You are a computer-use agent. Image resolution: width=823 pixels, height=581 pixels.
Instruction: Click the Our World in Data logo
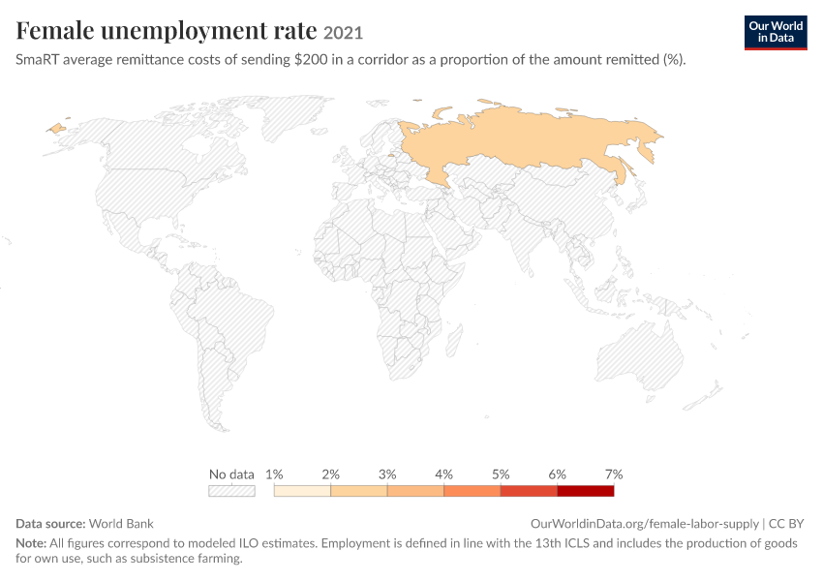(x=776, y=33)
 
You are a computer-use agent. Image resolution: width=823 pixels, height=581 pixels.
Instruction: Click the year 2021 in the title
(x=343, y=33)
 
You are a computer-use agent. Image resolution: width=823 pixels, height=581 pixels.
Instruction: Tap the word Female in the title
(x=54, y=30)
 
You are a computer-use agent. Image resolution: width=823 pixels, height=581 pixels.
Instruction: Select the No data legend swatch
(x=231, y=491)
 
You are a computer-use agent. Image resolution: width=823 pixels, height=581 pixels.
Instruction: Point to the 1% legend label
(x=274, y=474)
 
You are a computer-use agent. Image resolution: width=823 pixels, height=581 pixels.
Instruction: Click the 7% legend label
(x=614, y=474)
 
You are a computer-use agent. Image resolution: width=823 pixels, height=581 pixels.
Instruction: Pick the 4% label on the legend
(x=443, y=474)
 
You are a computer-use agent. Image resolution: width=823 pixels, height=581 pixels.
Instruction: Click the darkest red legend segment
(x=585, y=491)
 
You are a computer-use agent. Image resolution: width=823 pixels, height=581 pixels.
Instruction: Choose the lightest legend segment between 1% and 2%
(x=302, y=491)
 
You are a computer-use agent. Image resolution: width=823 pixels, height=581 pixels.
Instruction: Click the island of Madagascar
(x=454, y=340)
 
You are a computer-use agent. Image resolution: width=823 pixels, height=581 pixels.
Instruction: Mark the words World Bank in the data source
(x=121, y=524)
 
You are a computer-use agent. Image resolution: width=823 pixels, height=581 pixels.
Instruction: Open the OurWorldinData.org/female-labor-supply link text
(x=645, y=524)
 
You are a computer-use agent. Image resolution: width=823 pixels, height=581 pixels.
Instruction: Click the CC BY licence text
(x=786, y=524)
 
